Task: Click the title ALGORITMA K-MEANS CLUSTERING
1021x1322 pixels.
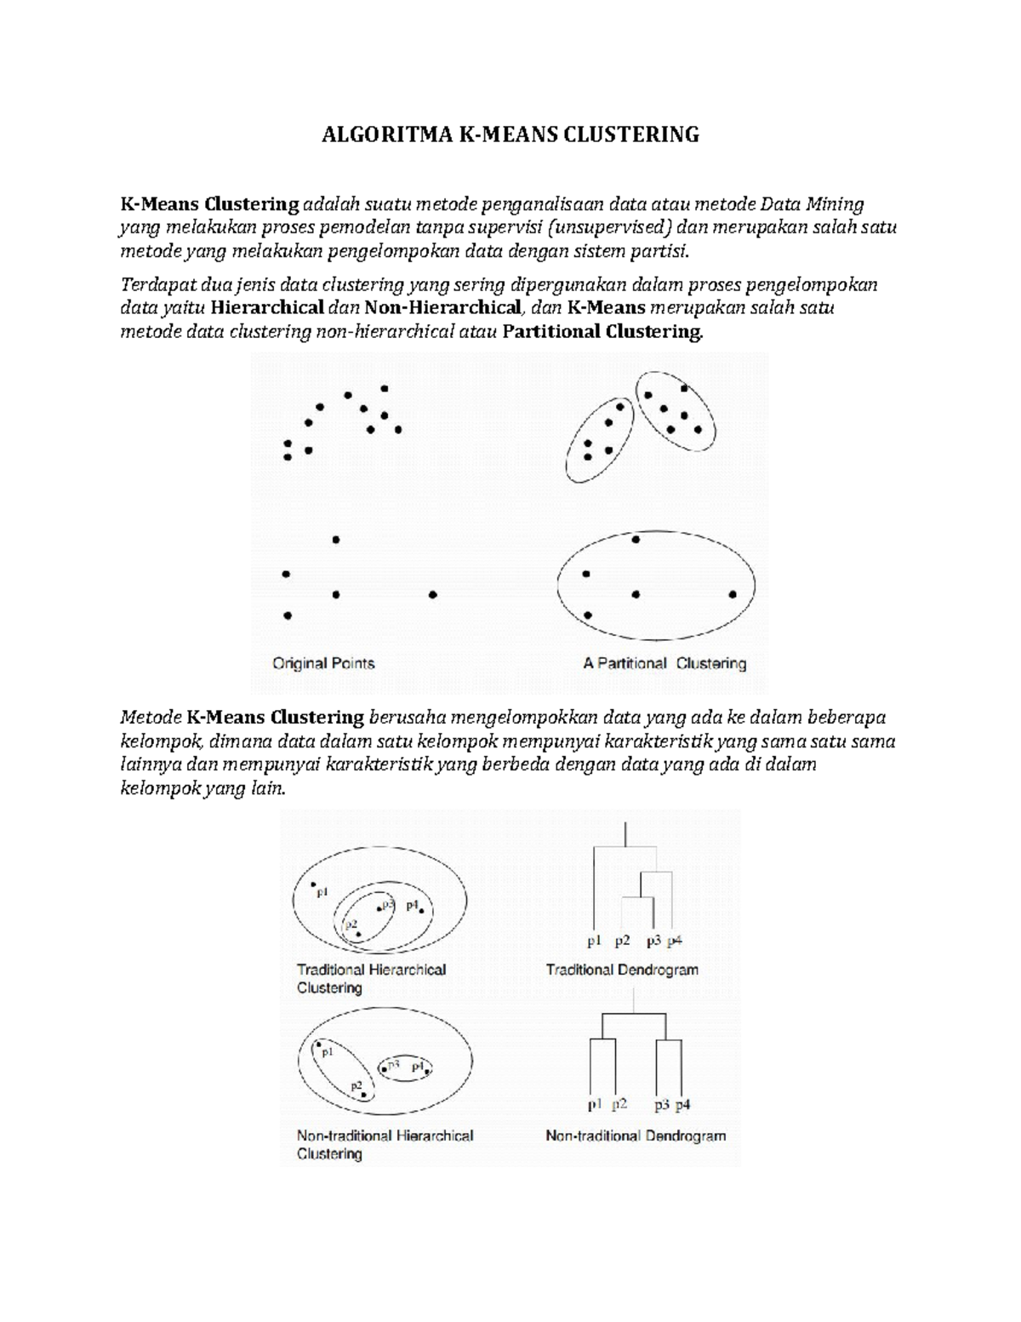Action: (x=510, y=134)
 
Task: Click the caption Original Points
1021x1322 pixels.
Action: (x=323, y=663)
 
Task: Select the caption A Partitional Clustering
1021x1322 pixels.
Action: (x=665, y=663)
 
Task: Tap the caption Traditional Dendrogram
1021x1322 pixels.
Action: (x=622, y=970)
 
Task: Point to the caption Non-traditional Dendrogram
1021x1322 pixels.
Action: (x=636, y=1136)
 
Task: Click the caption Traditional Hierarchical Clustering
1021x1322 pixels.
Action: (x=371, y=978)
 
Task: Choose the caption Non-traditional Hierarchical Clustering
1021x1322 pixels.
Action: (x=385, y=1144)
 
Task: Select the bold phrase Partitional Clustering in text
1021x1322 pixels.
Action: (x=603, y=332)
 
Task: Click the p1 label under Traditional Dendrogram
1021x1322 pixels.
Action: (x=594, y=941)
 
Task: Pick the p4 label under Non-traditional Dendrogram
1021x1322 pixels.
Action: (x=682, y=1105)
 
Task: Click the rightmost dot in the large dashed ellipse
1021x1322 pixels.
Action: (x=733, y=595)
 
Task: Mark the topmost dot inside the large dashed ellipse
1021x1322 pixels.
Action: (x=636, y=540)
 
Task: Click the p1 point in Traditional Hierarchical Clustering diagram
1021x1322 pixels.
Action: (x=313, y=885)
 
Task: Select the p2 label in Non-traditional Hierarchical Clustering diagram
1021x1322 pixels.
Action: (x=356, y=1085)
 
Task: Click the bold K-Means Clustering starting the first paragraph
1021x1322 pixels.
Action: (x=209, y=204)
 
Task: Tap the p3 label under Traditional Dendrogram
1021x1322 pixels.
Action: (x=653, y=941)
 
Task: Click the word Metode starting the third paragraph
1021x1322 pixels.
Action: (x=151, y=717)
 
